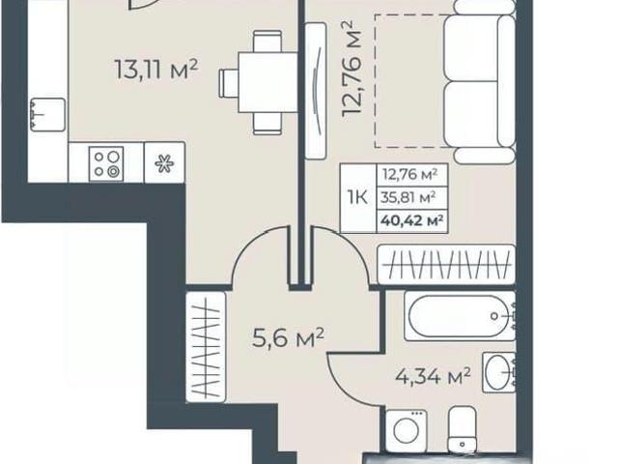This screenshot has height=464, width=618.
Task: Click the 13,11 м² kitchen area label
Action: pos(156,69)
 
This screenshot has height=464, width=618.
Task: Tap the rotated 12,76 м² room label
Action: pos(351,69)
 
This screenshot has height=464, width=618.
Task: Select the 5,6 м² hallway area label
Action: pos(288,337)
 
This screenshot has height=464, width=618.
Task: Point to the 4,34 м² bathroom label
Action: pos(433,376)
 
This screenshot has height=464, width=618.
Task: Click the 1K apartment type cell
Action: pos(357,197)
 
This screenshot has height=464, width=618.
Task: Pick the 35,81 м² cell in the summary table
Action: pos(407,197)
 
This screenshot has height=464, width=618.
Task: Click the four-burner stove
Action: pos(106,163)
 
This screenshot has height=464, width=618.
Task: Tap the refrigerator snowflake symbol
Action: pos(164,163)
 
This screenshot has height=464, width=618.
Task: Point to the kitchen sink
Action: pos(47,115)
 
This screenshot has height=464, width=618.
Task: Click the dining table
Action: pos(267,82)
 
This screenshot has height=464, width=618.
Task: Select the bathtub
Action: pos(460,316)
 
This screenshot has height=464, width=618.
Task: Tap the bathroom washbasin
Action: pos(498,372)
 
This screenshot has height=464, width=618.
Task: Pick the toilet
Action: pos(463,429)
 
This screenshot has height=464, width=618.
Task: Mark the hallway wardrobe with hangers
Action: pos(206,347)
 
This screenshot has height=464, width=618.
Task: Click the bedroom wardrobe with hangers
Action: pos(446,264)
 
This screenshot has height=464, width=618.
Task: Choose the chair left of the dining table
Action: pos(229,82)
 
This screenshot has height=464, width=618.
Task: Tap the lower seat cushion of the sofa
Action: pos(472,114)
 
